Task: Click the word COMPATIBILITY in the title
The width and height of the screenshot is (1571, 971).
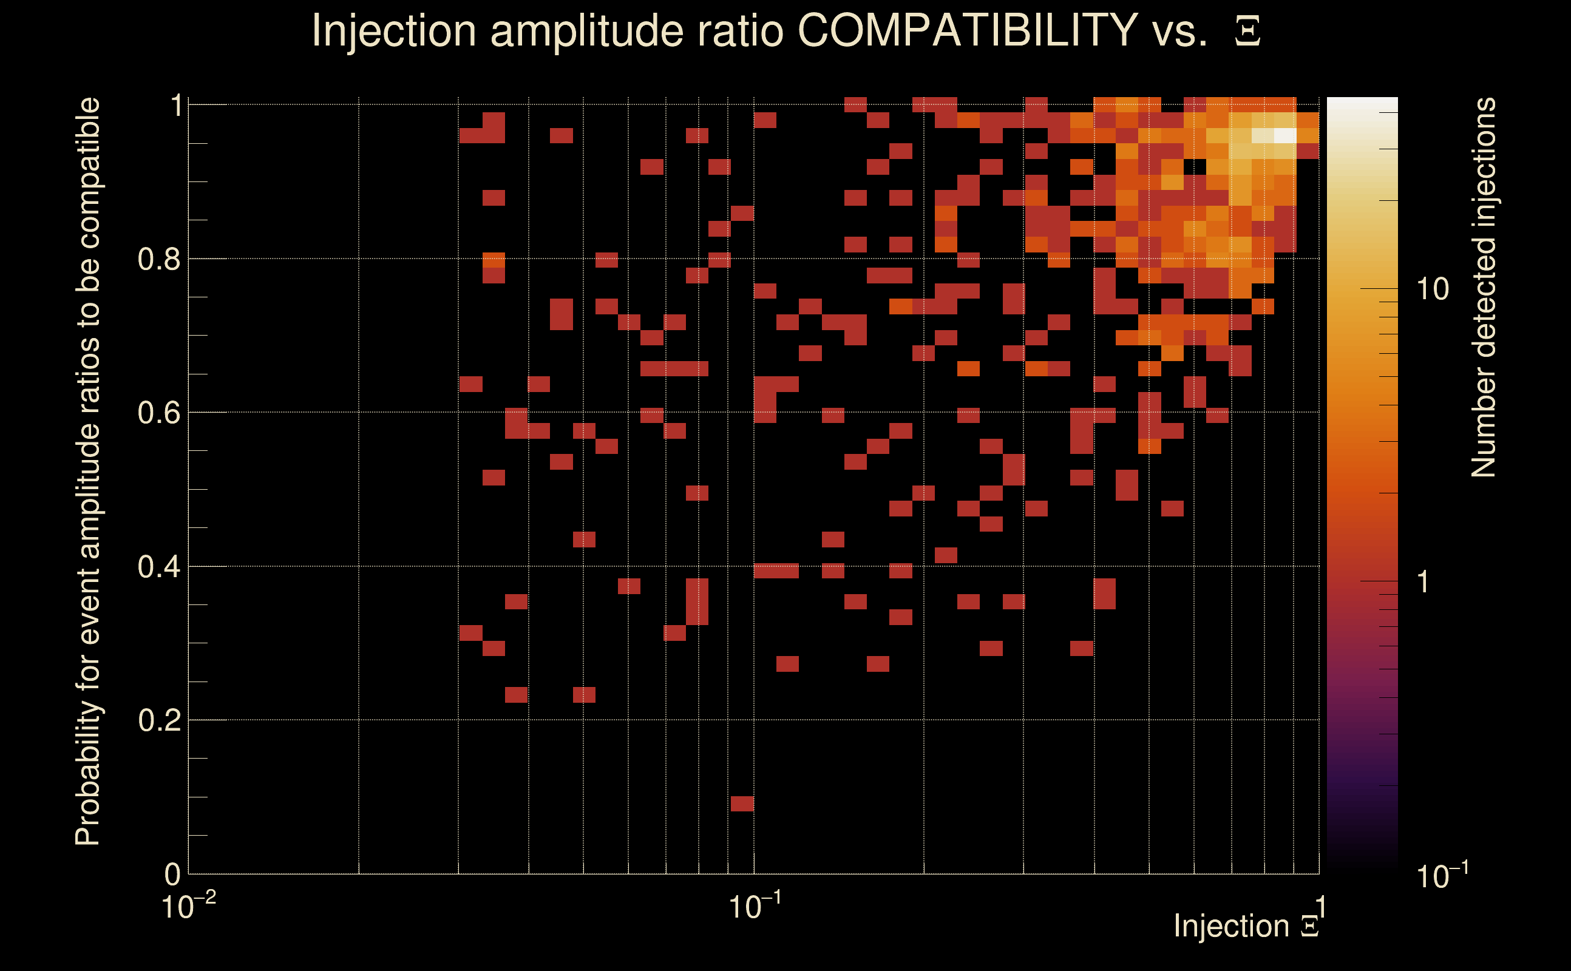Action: tap(967, 30)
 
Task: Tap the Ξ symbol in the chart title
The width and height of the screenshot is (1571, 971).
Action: tap(1247, 32)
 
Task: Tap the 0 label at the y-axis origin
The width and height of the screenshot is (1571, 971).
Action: tap(173, 874)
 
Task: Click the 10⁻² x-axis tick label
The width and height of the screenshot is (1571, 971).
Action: tap(188, 906)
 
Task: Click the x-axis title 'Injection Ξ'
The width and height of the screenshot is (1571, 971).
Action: tap(1246, 926)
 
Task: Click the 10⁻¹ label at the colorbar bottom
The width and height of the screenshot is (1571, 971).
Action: tap(1441, 875)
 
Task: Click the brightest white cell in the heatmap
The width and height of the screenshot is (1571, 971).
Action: tap(1285, 135)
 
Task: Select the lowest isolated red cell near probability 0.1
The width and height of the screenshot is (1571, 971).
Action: tap(742, 804)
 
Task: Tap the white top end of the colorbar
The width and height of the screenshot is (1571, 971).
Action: tap(1362, 103)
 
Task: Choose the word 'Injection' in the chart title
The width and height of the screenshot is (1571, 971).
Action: tap(394, 30)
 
